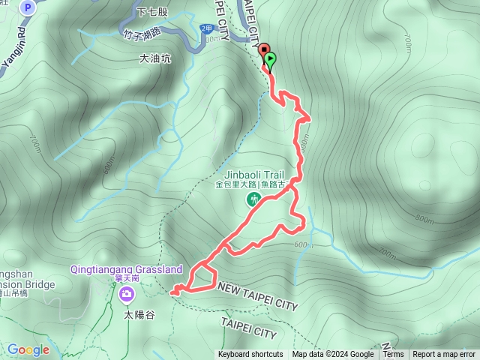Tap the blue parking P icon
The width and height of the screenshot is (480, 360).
tap(27, 8)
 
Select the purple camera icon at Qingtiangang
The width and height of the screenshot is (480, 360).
tap(125, 293)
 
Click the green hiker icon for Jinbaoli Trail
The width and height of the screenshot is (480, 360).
tap(253, 199)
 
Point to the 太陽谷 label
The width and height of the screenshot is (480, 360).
tap(139, 316)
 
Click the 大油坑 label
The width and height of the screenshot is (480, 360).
tap(155, 58)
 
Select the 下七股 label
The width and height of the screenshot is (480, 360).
tap(154, 12)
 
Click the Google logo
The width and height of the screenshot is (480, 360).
tap(28, 350)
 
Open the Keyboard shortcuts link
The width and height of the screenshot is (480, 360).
tap(250, 355)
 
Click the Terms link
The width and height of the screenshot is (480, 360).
tap(393, 355)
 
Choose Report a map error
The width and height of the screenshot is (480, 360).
tap(445, 355)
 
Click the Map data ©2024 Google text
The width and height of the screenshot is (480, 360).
tap(333, 355)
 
